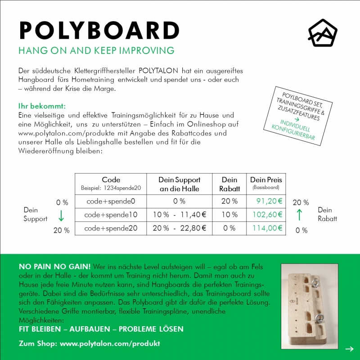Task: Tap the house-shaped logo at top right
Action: [x=322, y=33]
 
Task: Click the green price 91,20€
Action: [x=270, y=201]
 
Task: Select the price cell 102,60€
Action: [x=267, y=215]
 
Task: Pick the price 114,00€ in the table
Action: [x=267, y=228]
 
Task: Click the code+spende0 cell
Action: [x=111, y=201]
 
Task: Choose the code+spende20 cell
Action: [x=111, y=228]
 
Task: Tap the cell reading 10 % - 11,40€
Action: [x=180, y=215]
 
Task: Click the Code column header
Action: [x=111, y=180]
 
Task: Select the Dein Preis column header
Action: [x=266, y=180]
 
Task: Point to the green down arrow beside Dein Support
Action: [x=61, y=216]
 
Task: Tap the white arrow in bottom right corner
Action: [x=349, y=349]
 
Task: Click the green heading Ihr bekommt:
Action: [x=42, y=107]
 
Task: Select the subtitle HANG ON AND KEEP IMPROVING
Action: [x=96, y=50]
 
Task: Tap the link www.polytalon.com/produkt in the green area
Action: [x=110, y=343]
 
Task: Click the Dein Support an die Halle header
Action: [x=180, y=184]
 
